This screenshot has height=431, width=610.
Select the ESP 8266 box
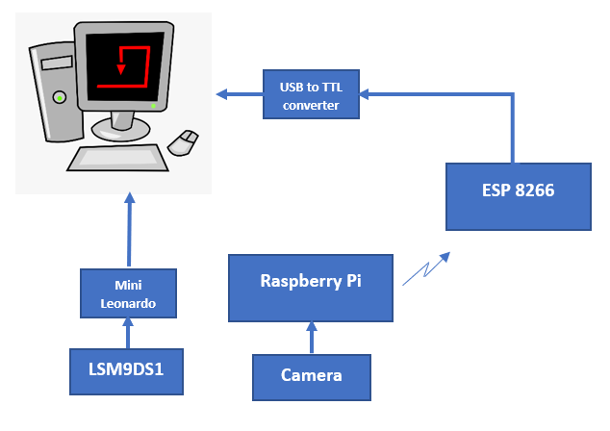click(518, 195)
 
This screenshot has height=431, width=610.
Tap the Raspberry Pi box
click(310, 287)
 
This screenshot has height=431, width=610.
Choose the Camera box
click(311, 376)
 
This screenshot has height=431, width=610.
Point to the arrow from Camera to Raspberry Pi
click(311, 338)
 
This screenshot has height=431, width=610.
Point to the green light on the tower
click(60, 97)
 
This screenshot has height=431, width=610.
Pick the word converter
click(311, 104)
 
